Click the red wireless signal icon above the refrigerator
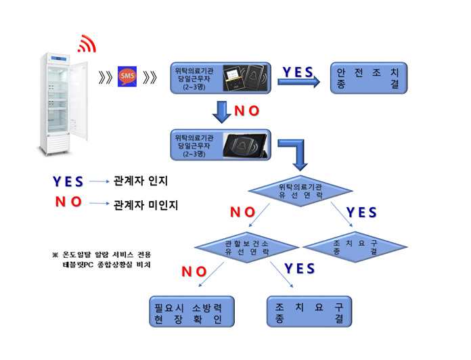click(x=87, y=45)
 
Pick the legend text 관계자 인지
click(x=140, y=181)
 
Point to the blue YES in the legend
click(x=68, y=181)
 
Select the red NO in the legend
click(x=68, y=202)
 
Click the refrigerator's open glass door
click(x=79, y=102)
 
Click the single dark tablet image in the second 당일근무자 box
click(x=244, y=145)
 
